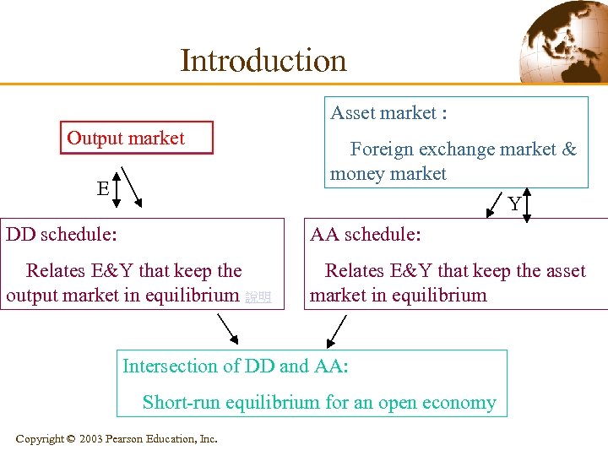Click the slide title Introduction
pos(263,61)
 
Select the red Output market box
pos(136,138)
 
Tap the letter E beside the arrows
pos(102,188)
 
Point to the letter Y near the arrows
pos(513,204)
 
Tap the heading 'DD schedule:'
pos(62,234)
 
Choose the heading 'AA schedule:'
pos(365,234)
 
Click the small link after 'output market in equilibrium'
pos(258,297)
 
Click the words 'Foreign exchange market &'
pos(463,149)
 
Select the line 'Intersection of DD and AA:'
pos(236,366)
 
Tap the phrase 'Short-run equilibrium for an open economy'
pos(319,402)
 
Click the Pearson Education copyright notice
pos(117,438)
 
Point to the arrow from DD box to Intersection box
pos(228,330)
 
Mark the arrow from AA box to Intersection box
pos(336,331)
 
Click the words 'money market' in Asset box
pos(388,174)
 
